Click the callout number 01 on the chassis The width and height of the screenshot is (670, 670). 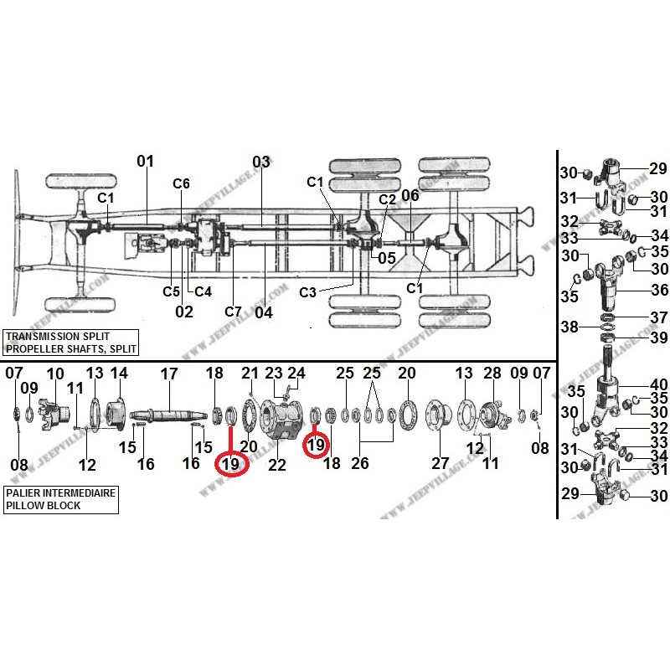pos(146,161)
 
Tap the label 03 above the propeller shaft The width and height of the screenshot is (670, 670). pos(261,161)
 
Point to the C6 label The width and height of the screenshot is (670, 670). pos(182,184)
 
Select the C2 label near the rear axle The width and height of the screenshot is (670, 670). pos(386,199)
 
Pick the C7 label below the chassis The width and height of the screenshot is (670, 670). pos(233,312)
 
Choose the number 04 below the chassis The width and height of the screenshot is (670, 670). pos(264,313)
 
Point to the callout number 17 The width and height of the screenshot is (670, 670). pos(169,374)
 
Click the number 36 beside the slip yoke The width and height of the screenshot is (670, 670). pos(659,290)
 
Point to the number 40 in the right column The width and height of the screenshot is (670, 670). pos(659,384)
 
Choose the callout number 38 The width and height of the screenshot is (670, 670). pos(570,328)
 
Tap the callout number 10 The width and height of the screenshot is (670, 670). pos(55,374)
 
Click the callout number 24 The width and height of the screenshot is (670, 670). pos(297,373)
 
